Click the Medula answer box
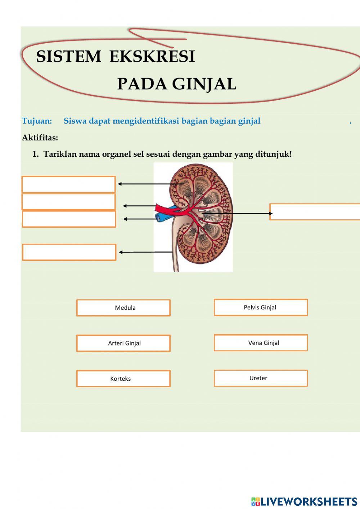click(123, 308)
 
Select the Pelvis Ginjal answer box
click(261, 307)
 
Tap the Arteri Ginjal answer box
click(123, 343)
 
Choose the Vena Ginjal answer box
click(261, 343)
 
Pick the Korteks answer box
click(123, 379)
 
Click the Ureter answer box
click(261, 378)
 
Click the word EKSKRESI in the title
click(152, 56)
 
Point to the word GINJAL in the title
click(204, 84)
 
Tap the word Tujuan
click(37, 121)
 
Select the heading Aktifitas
click(40, 138)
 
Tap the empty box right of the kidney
click(315, 212)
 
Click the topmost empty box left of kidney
click(69, 184)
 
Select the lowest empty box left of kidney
click(69, 252)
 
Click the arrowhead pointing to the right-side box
click(270, 213)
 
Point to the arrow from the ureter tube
click(145, 252)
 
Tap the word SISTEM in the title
click(69, 56)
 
